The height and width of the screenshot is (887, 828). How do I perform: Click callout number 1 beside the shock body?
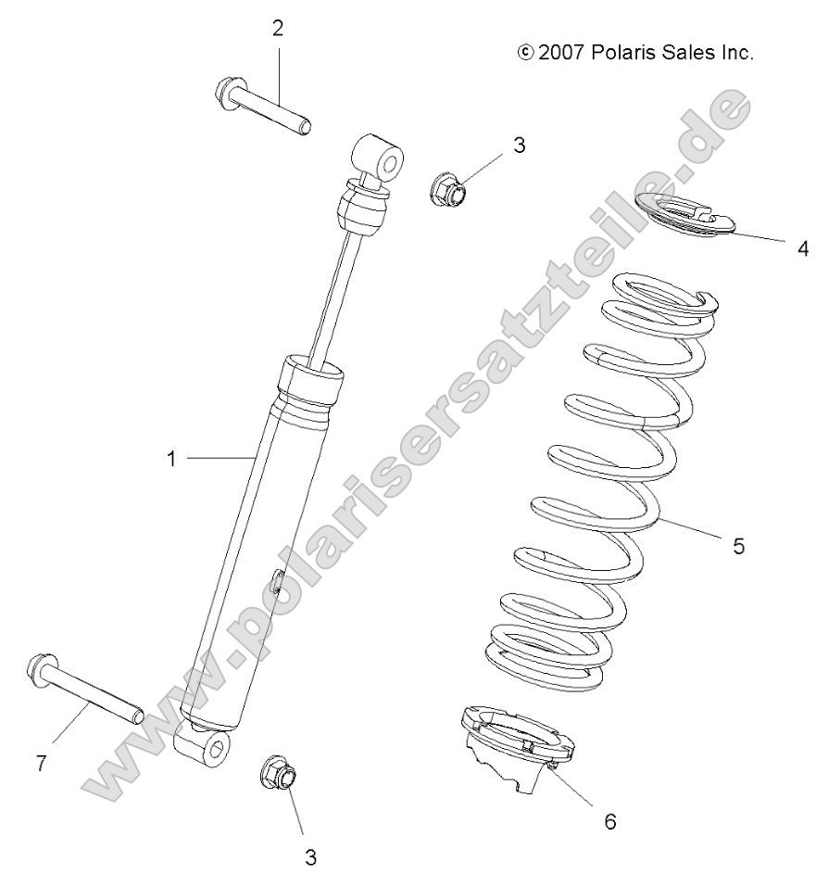pos(171,457)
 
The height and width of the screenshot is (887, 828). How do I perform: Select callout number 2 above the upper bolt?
pos(278,27)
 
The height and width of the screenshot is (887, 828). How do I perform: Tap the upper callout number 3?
pos(519,145)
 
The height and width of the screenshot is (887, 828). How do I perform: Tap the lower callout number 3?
pos(311,857)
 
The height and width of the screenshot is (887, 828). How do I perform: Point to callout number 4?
pos(803,247)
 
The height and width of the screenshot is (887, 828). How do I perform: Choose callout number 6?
pos(609,820)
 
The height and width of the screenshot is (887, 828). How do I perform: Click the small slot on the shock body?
pos(278,584)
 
